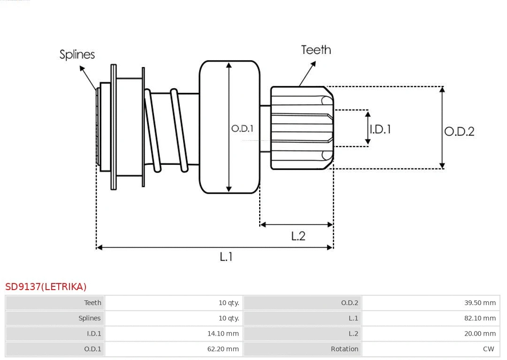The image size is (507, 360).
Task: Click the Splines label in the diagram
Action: point(77,54)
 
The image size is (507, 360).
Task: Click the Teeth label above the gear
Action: point(316,50)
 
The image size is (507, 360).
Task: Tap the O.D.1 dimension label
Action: point(242,128)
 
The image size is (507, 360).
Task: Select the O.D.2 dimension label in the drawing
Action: point(459,131)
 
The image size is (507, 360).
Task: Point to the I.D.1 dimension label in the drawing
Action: point(380,129)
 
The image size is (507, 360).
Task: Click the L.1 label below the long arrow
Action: point(226,257)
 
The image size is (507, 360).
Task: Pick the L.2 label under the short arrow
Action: point(298,236)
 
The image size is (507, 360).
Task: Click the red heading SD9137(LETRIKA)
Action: point(46,286)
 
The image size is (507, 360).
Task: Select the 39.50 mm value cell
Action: point(480,303)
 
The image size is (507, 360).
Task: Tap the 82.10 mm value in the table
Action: point(480,318)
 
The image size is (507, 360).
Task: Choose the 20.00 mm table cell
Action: point(480,334)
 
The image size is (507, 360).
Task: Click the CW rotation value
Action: point(488,349)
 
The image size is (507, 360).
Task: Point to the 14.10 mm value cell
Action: point(223,334)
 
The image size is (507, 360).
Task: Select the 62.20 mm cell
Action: point(223,349)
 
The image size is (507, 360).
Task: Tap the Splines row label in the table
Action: point(89,318)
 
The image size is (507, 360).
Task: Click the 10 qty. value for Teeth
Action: point(229,303)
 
